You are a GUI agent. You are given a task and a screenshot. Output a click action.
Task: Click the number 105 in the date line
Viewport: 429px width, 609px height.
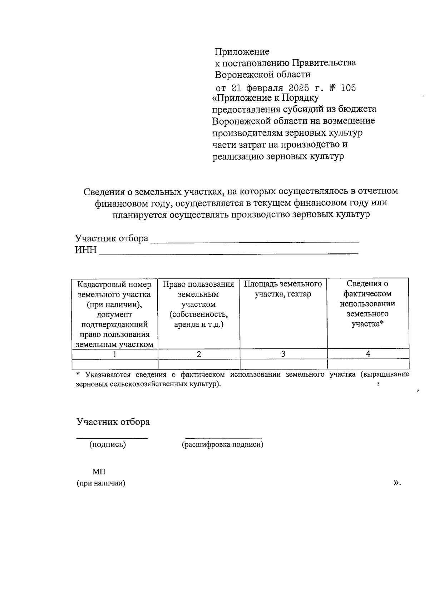pyautogui.click(x=348, y=88)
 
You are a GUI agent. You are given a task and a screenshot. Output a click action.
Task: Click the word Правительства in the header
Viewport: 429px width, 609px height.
pyautogui.click(x=324, y=63)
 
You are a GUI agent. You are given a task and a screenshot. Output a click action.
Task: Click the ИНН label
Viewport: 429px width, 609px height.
pyautogui.click(x=85, y=250)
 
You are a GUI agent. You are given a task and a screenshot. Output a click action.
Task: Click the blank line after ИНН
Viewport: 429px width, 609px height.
pyautogui.click(x=229, y=253)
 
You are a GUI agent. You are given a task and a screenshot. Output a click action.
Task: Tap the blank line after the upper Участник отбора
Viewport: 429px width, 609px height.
pyautogui.click(x=255, y=241)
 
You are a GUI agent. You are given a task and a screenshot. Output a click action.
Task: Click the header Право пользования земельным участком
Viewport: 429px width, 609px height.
pyautogui.click(x=198, y=304)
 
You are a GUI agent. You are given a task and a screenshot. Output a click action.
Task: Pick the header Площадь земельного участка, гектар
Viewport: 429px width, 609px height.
pyautogui.click(x=283, y=289)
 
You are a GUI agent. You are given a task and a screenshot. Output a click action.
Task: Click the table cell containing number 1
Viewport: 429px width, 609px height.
pyautogui.click(x=114, y=354)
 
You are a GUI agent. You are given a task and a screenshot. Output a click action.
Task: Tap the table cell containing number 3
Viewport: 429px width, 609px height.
pyautogui.click(x=283, y=354)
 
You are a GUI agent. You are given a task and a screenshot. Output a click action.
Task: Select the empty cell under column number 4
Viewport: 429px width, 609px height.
pyautogui.click(x=368, y=364)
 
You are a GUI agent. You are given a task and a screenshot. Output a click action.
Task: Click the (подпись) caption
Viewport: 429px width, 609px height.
pyautogui.click(x=108, y=444)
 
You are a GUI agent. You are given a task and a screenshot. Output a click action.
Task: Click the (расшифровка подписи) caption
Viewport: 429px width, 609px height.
pyautogui.click(x=222, y=444)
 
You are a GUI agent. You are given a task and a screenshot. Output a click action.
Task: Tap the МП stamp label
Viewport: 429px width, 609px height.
pyautogui.click(x=99, y=472)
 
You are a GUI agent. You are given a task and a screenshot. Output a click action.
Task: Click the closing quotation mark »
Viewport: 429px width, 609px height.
pyautogui.click(x=397, y=483)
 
